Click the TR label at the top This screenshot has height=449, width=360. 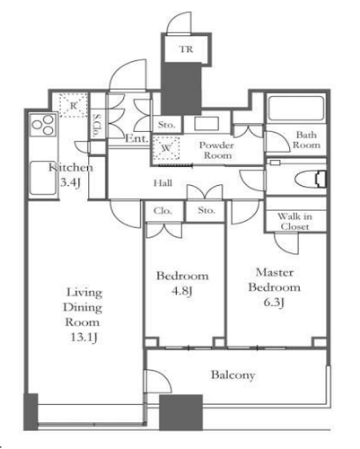186,48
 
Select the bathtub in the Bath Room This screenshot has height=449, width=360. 295,109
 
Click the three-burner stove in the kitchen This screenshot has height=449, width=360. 44,125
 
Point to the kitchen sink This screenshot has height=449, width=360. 43,179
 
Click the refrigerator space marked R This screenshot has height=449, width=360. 73,105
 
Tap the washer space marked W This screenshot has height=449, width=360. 166,148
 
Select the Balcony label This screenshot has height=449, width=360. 233,374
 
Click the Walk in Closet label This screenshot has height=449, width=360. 294,221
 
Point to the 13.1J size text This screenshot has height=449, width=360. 83,338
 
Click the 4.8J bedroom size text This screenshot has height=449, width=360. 181,291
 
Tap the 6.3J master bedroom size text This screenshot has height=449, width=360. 274,303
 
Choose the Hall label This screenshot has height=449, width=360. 162,183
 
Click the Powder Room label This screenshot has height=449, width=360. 217,150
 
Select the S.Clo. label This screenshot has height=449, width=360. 96,125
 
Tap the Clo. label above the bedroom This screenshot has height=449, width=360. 162,211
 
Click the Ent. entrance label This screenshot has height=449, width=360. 136,138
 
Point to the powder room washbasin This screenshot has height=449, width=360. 206,123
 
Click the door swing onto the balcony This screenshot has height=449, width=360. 158,381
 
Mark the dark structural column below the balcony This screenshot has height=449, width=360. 180,412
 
